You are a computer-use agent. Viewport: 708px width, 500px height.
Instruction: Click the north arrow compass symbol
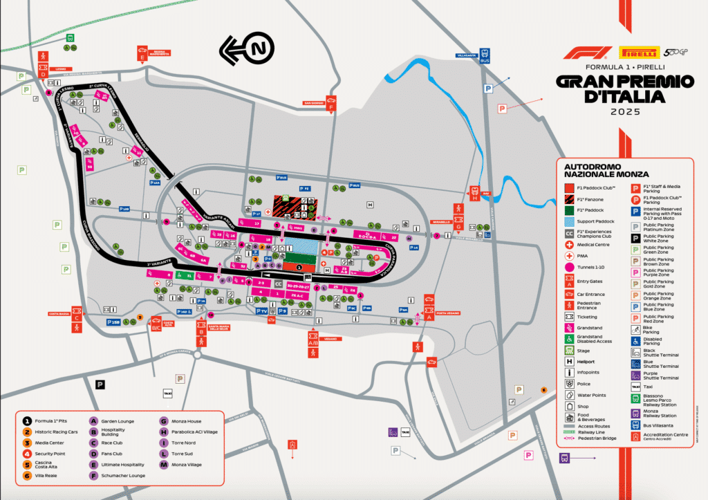click(x=247, y=49)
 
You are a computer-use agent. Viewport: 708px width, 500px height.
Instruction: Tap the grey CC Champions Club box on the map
click(x=278, y=284)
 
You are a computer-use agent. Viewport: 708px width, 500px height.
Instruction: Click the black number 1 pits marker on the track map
click(x=299, y=266)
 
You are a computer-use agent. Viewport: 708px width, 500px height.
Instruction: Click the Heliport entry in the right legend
click(x=586, y=361)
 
